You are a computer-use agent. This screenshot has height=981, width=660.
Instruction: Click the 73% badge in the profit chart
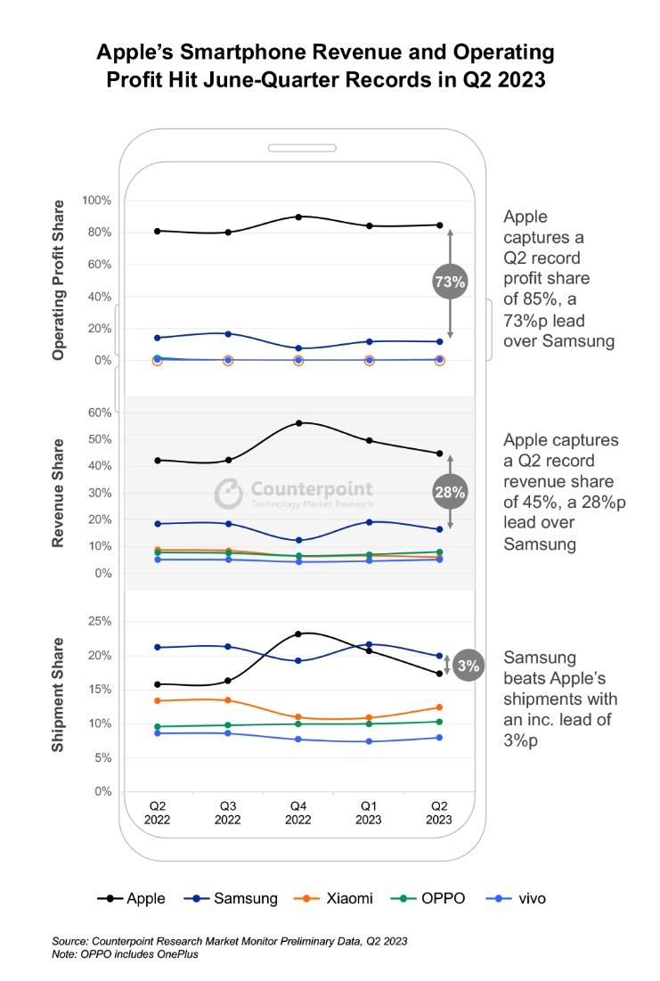(x=450, y=282)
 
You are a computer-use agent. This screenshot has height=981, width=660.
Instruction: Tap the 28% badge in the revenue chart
(x=450, y=492)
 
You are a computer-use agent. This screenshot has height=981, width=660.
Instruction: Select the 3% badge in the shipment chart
(x=468, y=666)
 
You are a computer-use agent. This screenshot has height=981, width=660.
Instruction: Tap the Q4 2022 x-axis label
(x=298, y=813)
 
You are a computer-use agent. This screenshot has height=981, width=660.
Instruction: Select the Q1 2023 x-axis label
(x=369, y=813)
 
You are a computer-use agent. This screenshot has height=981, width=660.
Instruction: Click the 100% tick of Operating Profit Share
(x=96, y=200)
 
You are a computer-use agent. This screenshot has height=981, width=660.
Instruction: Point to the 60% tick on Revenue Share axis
(x=99, y=413)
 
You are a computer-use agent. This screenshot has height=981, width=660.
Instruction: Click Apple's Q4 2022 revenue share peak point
(x=298, y=423)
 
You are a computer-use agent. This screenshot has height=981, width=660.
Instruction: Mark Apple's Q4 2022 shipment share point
(x=298, y=634)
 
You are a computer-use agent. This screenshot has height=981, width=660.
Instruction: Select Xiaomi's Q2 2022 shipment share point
(x=158, y=700)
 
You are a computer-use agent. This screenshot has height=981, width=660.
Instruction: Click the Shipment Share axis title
(x=58, y=694)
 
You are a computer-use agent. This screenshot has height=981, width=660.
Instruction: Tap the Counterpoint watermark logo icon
(x=229, y=493)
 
